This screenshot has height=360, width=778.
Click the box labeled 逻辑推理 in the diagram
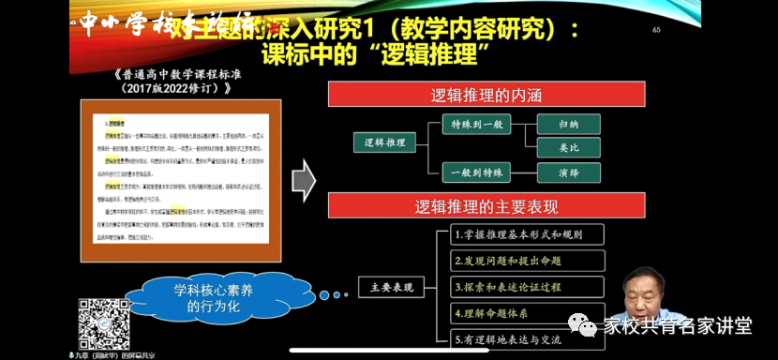(x=384, y=142)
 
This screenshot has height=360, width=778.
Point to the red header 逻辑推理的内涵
(x=486, y=95)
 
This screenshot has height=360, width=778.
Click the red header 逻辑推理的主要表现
(x=486, y=206)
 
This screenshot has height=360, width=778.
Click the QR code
(x=103, y=322)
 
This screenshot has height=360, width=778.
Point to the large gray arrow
(x=303, y=179)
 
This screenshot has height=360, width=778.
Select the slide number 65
(x=656, y=30)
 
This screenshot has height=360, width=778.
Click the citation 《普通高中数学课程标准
(x=176, y=75)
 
